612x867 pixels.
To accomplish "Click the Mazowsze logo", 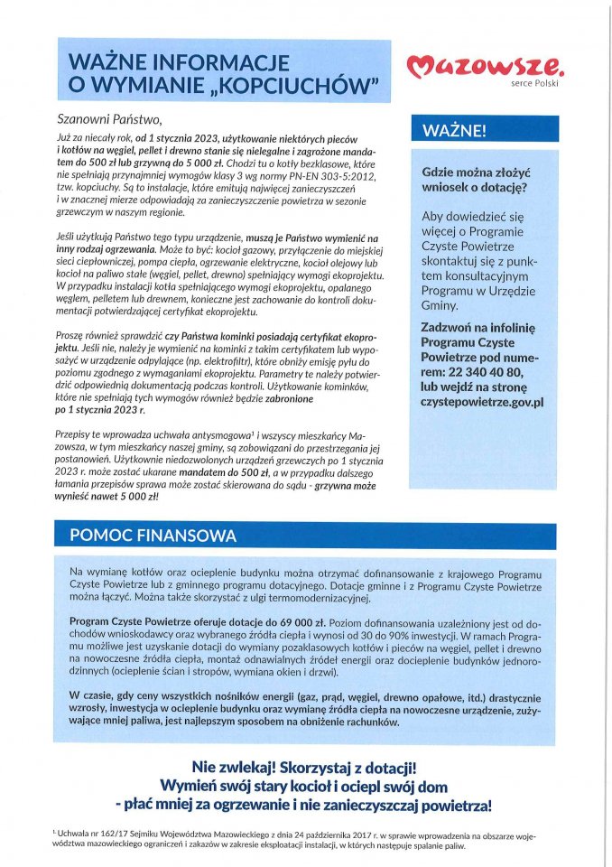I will click(x=487, y=64).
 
